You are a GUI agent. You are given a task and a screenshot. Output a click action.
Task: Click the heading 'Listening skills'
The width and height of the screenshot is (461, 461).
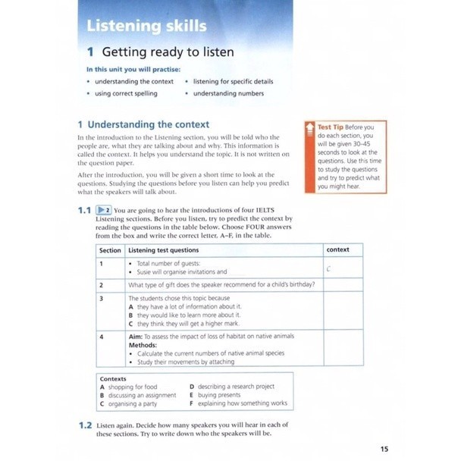146,26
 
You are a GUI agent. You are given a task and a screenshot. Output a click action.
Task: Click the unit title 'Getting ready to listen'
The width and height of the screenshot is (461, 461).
168,52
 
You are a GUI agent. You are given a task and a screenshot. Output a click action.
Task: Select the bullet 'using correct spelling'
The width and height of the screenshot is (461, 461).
126,93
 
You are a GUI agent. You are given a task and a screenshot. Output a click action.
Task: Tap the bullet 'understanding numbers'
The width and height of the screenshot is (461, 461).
228,93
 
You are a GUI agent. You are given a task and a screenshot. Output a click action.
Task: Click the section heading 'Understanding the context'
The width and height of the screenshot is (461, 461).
149,124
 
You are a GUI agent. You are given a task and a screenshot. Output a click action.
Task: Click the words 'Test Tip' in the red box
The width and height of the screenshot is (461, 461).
331,127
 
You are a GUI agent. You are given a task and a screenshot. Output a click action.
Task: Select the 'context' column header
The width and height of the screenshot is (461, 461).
337,249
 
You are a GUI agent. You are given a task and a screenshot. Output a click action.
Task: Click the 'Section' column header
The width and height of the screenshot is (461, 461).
110,249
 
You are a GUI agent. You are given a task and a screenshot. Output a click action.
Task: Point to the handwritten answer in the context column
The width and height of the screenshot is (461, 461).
329,268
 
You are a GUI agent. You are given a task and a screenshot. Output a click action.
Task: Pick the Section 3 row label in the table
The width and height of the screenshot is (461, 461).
102,298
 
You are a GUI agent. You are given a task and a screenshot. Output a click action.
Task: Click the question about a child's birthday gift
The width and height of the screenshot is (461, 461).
222,284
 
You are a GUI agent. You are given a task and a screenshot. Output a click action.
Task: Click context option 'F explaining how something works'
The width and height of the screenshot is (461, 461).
238,403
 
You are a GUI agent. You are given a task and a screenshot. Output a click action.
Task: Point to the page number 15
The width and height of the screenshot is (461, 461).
384,450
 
